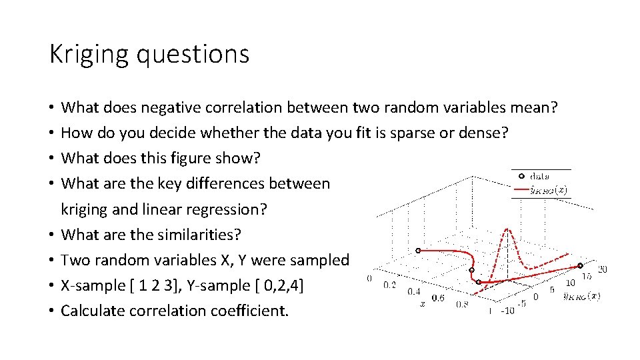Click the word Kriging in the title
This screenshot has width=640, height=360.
click(90, 54)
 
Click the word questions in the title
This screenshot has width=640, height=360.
click(193, 54)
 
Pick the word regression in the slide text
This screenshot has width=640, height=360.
click(223, 209)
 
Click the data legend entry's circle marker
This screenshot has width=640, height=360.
click(521, 177)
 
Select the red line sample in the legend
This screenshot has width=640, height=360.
click(520, 190)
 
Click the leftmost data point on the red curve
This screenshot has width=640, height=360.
click(418, 251)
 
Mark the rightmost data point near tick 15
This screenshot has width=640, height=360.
click(580, 265)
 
